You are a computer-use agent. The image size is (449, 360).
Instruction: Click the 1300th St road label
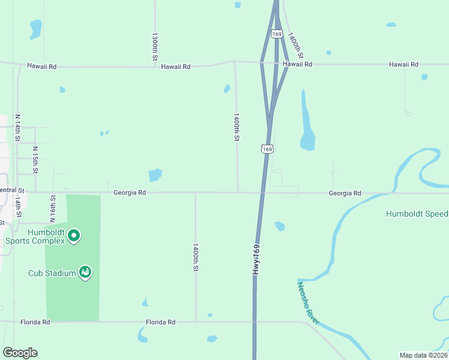tap(155, 46)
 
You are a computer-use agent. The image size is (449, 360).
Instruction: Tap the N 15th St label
tap(35, 160)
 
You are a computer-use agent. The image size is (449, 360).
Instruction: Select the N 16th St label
tap(53, 206)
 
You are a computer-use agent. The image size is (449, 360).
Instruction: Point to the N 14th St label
tap(18, 128)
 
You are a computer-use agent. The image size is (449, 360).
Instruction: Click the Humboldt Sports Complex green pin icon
tap(74, 236)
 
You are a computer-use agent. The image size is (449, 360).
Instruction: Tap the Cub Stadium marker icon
tap(86, 272)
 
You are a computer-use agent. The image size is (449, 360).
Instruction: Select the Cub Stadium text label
tap(52, 273)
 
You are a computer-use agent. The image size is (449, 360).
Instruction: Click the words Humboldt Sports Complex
tap(35, 236)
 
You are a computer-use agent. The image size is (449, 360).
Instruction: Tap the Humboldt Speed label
tap(417, 214)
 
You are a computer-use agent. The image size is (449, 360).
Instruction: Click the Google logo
tap(20, 352)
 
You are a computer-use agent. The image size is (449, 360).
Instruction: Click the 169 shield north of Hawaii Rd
tap(277, 34)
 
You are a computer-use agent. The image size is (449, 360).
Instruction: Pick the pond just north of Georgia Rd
tap(155, 175)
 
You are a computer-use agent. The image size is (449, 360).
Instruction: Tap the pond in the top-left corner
tap(35, 28)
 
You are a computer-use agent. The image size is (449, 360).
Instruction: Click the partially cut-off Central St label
tap(12, 190)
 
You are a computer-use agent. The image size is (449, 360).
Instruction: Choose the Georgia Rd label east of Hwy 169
tap(345, 193)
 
